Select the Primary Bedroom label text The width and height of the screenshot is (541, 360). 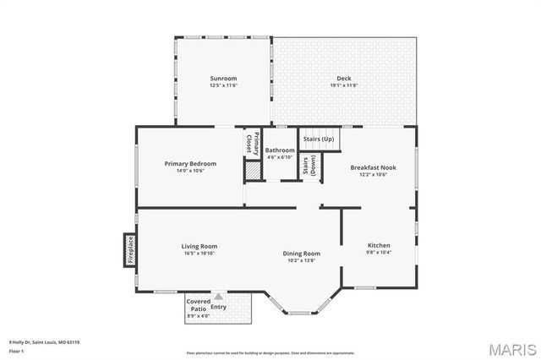190,163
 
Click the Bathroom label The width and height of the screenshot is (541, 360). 280,150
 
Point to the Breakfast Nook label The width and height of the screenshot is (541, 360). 373,167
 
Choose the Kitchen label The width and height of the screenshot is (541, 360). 379,245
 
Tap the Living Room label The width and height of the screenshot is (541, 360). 199,246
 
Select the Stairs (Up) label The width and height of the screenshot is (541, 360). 319,139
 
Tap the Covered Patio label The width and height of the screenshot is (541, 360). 198,305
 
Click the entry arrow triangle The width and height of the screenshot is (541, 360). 218,297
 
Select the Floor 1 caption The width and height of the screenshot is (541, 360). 14,350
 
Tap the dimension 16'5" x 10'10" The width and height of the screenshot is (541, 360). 199,253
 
